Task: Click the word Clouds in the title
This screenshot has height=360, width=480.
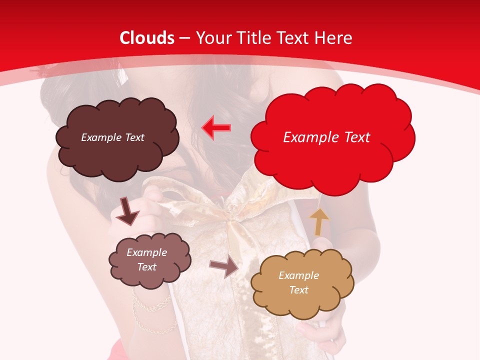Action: pos(147,38)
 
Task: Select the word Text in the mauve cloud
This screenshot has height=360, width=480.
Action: pos(147,267)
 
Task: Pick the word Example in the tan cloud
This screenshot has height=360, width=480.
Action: pos(298,275)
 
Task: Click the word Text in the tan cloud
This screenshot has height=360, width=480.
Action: pos(298,290)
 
